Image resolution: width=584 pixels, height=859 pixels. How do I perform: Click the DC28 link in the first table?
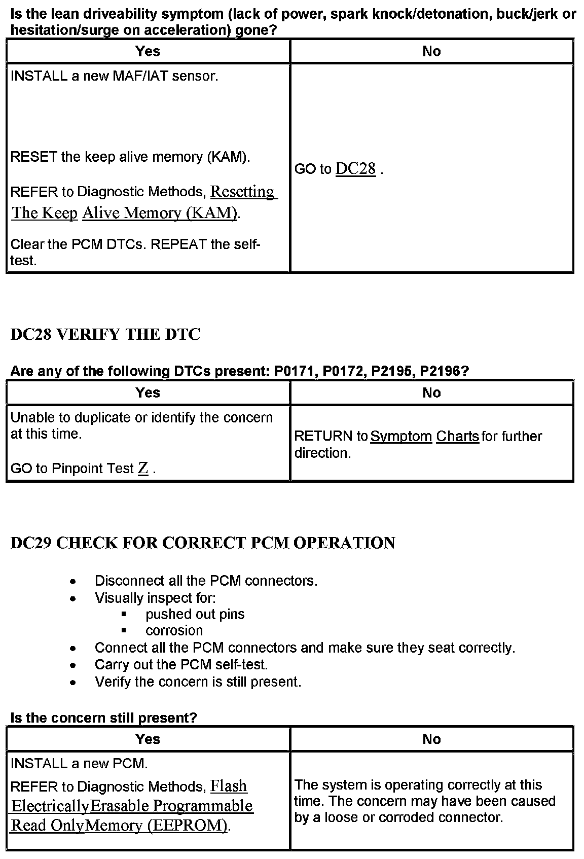point(355,169)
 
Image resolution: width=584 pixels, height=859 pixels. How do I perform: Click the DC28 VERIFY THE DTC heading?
point(105,335)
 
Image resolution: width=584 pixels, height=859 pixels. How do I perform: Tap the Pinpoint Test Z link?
point(143,469)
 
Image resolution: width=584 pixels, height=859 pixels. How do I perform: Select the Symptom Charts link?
point(425,436)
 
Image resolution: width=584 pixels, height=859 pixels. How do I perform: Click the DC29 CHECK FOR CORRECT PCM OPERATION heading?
point(203,543)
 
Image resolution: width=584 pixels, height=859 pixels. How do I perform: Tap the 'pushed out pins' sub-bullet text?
point(195,614)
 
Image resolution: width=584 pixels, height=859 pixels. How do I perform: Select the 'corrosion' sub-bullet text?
point(174,630)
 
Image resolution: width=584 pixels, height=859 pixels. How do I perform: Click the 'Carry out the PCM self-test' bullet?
point(181,664)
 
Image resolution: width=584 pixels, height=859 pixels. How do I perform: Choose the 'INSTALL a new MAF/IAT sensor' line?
point(114,76)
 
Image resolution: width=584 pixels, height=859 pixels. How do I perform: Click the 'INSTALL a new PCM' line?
point(79,763)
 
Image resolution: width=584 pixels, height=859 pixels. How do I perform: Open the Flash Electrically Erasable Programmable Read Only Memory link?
point(132,806)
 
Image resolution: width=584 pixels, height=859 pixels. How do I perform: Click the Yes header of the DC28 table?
point(148,392)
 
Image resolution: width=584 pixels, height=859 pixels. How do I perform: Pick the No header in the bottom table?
point(431,739)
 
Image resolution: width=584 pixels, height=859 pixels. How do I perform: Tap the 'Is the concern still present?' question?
point(103,718)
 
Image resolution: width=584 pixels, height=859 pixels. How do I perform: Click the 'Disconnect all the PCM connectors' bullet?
point(206,581)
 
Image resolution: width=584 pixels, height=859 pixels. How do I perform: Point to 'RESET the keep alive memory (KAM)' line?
point(130,157)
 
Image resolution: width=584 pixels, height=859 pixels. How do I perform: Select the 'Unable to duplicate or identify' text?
point(141,417)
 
